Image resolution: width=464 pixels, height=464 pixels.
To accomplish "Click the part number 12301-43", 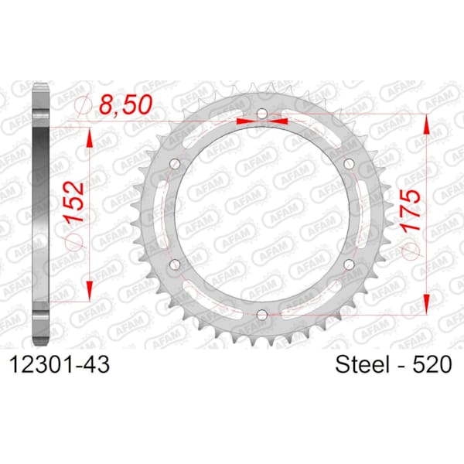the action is (x=60, y=364).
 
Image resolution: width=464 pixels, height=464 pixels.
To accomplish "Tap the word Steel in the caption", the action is (x=362, y=364).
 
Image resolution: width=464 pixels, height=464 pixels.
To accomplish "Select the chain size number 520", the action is (x=432, y=364).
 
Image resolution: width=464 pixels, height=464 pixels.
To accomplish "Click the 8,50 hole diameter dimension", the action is (x=125, y=104).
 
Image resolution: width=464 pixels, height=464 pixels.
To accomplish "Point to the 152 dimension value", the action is (x=74, y=203).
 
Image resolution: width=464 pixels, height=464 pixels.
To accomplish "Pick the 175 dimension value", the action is (x=410, y=210).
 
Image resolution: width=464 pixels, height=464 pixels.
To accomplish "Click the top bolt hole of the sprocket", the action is (x=262, y=114).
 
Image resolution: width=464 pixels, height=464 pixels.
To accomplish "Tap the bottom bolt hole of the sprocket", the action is (x=262, y=315).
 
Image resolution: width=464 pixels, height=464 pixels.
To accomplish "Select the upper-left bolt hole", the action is (x=176, y=164).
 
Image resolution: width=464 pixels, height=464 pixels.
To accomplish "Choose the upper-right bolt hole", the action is (x=350, y=163).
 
